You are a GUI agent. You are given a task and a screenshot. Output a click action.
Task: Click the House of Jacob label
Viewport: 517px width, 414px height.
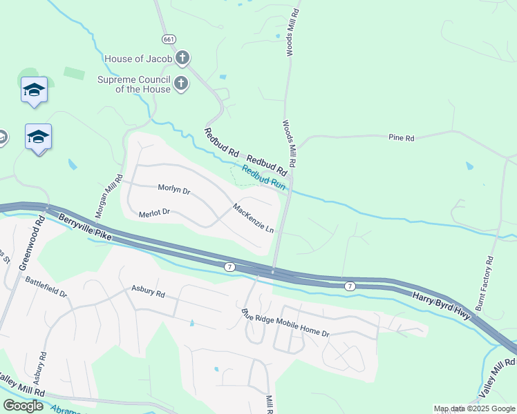138,59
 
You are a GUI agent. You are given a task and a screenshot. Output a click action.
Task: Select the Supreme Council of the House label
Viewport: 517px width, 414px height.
133,84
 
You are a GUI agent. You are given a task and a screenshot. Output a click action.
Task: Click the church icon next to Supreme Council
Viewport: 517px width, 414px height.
180,84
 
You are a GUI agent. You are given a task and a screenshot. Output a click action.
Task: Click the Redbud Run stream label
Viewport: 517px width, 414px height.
263,177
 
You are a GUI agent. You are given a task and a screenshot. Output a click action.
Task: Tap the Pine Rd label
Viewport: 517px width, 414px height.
401,139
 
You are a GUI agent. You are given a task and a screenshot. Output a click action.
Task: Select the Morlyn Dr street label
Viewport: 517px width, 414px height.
173,189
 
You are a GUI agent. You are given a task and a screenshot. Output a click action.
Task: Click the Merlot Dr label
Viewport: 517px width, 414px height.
154,215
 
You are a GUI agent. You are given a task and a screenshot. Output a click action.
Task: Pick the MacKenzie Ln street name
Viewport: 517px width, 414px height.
254,217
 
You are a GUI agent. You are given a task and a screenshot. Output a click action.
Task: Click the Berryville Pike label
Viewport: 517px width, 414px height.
85,227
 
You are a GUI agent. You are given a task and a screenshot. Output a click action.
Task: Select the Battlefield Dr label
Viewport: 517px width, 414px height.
46,287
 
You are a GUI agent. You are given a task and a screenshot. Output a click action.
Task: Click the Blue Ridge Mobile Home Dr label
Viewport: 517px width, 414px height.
285,323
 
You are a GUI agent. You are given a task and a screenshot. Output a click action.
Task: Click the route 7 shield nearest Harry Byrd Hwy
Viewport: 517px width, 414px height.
350,286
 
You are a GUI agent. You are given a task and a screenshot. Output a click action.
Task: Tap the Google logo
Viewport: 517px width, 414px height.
23,406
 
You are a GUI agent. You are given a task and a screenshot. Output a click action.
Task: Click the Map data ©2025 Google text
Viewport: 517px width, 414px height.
473,409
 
